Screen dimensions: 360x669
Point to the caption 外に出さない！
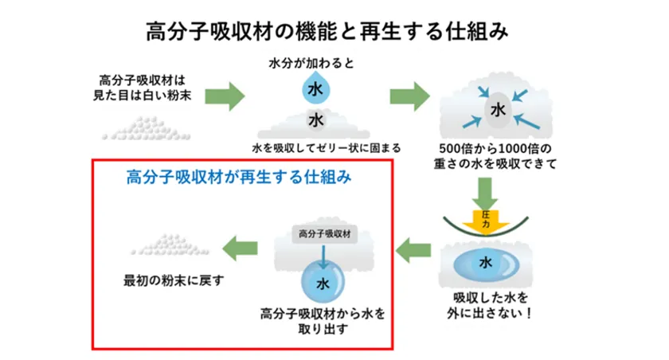click(486, 312)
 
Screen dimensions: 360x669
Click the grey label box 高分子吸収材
click(323, 233)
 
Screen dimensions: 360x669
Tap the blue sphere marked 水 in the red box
click(323, 283)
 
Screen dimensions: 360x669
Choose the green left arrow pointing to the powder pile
click(241, 248)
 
